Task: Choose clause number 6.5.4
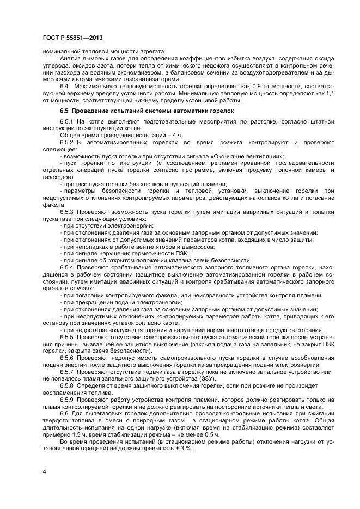[x=67, y=268]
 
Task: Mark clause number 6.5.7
[x=67, y=371]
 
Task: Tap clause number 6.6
[x=65, y=414]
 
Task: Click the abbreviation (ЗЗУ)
[x=206, y=378]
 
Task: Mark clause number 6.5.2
[x=67, y=142]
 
